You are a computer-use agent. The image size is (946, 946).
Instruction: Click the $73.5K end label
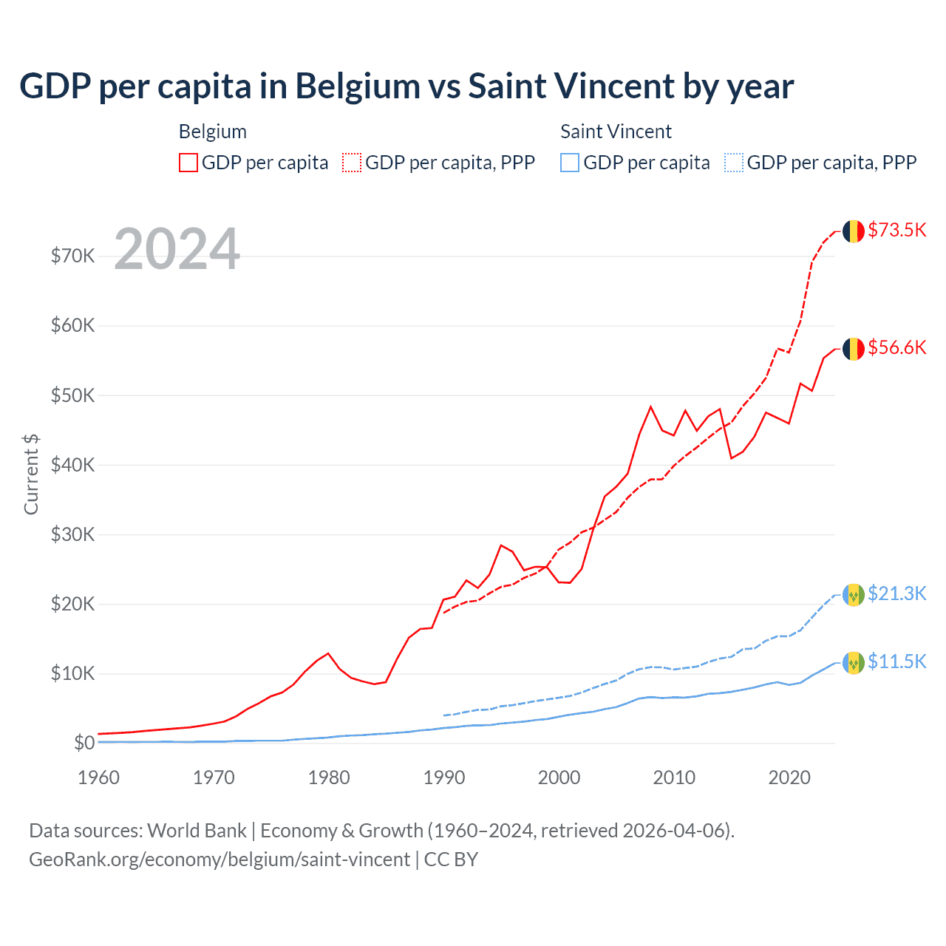pos(896,230)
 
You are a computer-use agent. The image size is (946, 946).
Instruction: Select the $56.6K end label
pos(896,347)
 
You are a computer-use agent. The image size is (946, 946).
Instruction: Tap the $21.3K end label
pos(896,593)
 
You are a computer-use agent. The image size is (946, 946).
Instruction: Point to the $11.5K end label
pos(896,661)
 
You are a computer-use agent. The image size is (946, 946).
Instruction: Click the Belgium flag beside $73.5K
pos(854,231)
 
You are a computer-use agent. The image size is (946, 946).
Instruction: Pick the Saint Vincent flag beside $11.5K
pos(854,662)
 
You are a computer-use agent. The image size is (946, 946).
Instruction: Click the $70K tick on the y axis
pos(72,256)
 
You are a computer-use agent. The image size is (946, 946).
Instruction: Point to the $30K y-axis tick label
pos(72,534)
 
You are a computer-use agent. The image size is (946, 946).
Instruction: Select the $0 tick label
pos(84,743)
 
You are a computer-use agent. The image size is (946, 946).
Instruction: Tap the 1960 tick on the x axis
pos(98,777)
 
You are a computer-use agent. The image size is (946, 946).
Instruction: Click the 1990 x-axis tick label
pos(444,777)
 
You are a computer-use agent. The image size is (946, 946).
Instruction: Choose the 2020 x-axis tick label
pos(789,777)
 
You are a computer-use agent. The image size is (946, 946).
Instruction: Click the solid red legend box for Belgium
pos(188,163)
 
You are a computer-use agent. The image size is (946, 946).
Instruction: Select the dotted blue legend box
pos(734,163)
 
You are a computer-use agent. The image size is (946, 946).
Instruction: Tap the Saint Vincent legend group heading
pos(616,132)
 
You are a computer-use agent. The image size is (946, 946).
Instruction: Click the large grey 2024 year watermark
pos(177,249)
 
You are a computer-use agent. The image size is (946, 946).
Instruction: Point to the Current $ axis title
pos(31,474)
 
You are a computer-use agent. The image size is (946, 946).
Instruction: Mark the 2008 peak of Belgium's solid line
pos(650,406)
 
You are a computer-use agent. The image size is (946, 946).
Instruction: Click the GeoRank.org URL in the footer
pos(219,860)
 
